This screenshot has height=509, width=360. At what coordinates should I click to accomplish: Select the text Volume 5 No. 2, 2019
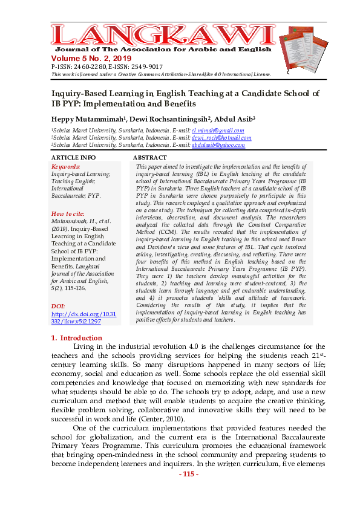point(94,57)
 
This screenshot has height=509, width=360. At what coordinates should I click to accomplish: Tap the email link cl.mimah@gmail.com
point(217,131)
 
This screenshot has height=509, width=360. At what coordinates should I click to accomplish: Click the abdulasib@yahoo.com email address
point(218,145)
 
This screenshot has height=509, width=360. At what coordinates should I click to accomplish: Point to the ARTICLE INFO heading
point(73,158)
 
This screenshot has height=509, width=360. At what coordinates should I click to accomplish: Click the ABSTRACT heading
point(149,158)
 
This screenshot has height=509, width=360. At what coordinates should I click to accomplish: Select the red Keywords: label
point(66,166)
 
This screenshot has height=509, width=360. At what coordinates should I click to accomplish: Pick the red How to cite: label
point(68,214)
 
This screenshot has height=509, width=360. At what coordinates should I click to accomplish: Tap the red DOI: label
point(59,306)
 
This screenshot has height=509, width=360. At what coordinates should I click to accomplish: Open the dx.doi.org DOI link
point(83,318)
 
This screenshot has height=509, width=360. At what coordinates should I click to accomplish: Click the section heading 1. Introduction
point(78,338)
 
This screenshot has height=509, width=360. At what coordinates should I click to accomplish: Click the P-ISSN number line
point(107,66)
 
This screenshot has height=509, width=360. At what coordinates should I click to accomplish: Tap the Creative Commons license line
point(161,74)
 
